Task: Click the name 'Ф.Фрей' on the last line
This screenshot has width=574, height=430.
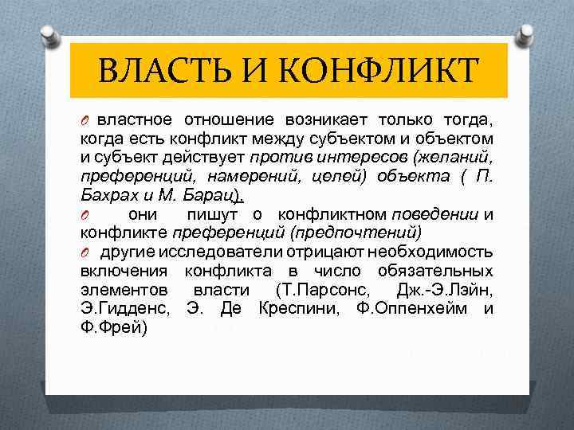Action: point(113,328)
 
